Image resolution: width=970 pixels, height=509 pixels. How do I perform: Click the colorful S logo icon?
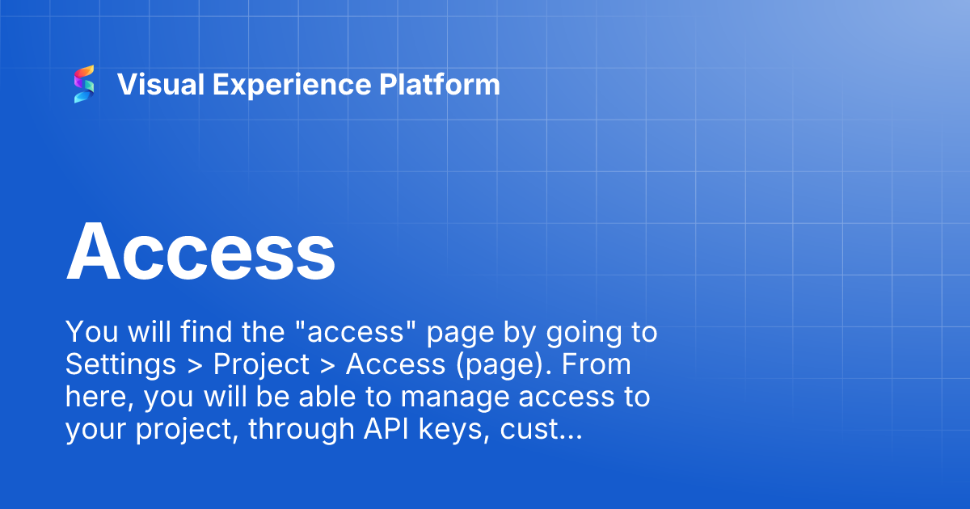(84, 84)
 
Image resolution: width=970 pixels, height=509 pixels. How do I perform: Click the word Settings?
(120, 365)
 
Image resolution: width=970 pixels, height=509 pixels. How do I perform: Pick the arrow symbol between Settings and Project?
(195, 366)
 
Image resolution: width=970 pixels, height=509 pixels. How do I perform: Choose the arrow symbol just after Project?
(327, 366)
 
